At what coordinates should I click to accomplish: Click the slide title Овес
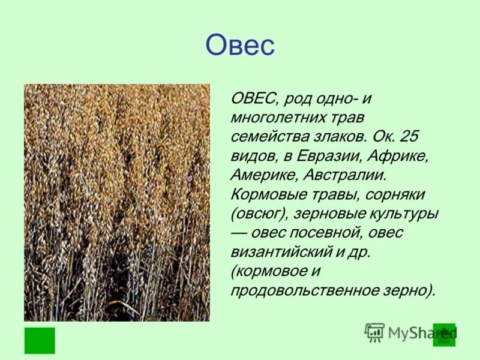pyautogui.click(x=240, y=45)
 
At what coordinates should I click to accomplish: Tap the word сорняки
pyautogui.click(x=396, y=194)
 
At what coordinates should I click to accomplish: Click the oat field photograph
pyautogui.click(x=117, y=202)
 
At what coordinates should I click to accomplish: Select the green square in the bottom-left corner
pyautogui.click(x=40, y=340)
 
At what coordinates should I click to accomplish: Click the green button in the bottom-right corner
pyautogui.click(x=445, y=335)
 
